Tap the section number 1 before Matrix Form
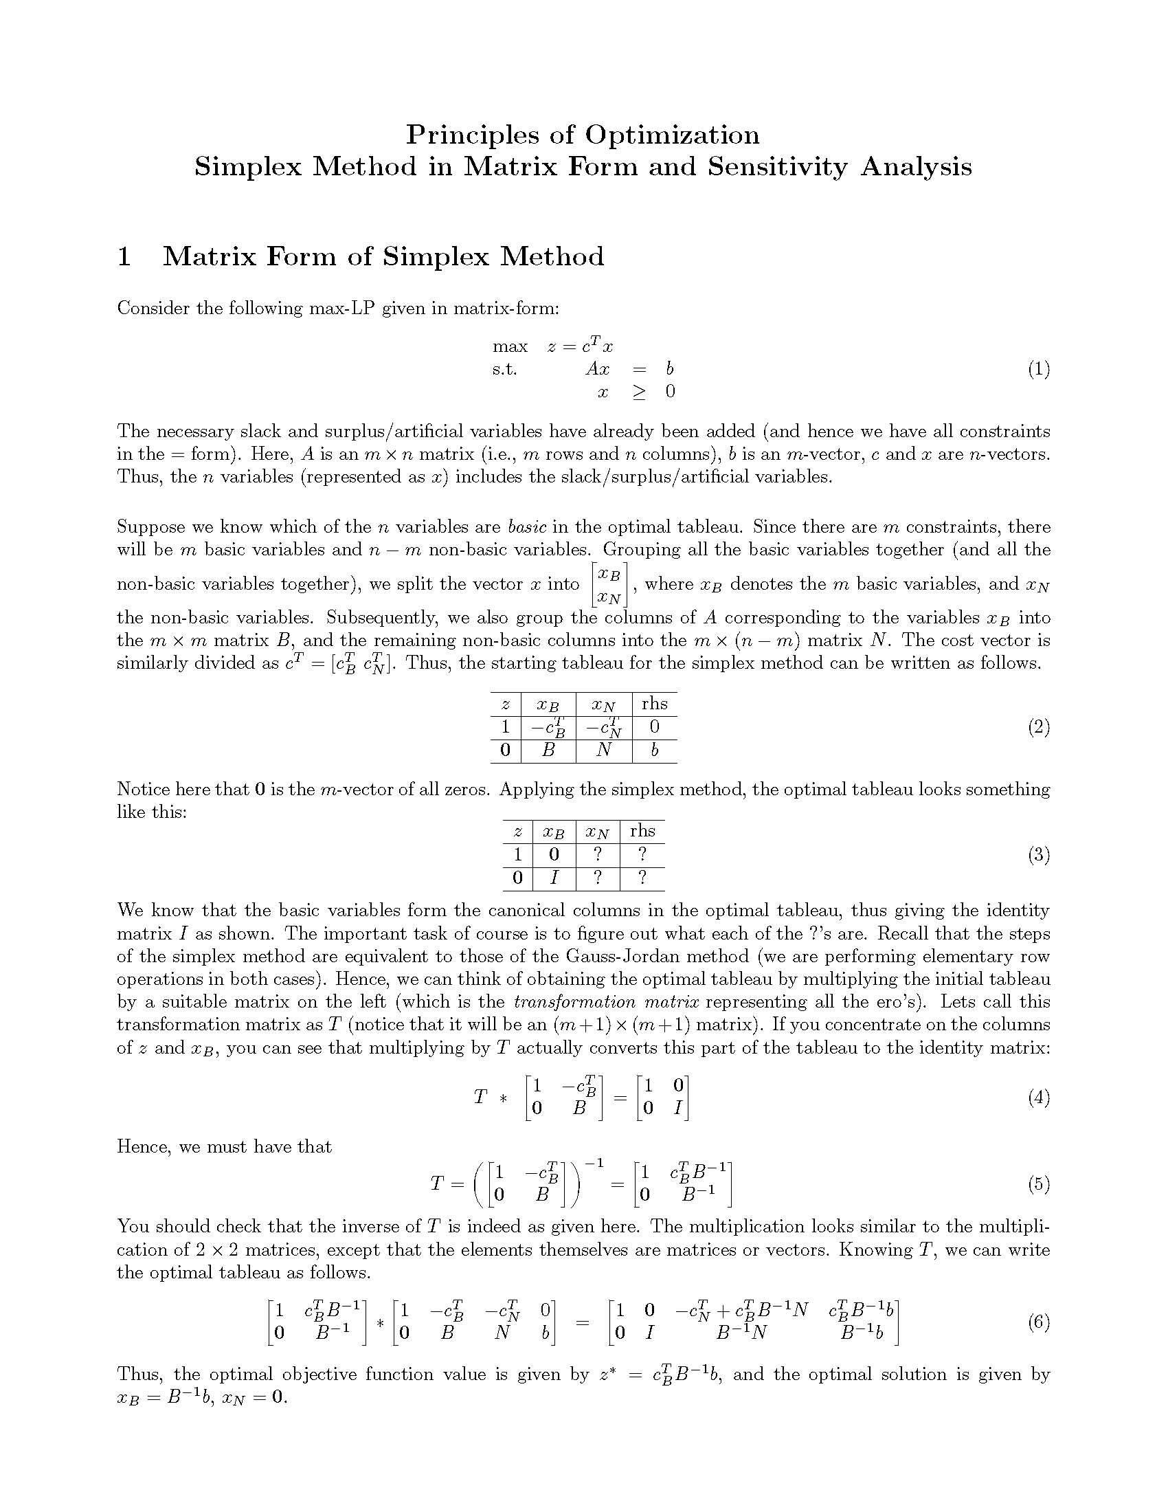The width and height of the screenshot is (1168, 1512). coord(124,257)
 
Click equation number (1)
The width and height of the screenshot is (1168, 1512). coord(1038,369)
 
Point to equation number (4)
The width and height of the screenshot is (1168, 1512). coord(1038,1098)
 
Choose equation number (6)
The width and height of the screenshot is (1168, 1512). coord(1038,1322)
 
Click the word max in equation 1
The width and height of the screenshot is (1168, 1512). coord(510,346)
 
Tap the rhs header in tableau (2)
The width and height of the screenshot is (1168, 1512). coord(654,704)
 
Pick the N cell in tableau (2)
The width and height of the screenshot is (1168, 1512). coord(603,750)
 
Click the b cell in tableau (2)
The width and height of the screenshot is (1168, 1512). coord(654,750)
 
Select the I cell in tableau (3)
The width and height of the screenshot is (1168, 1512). coord(554,878)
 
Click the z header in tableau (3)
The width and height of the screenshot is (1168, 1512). coord(517,832)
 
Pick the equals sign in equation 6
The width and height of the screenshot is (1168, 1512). coord(582,1323)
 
